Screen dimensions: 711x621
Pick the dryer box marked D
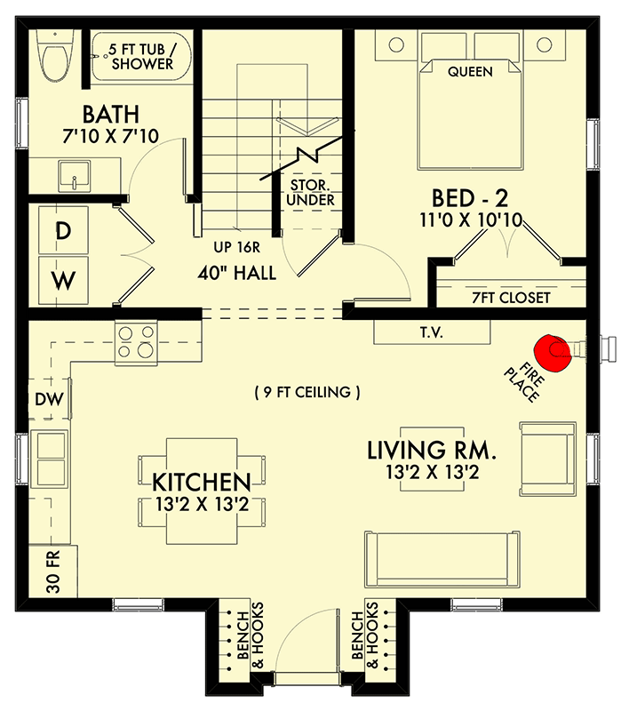coord(63,231)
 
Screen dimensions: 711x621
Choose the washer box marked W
coord(63,281)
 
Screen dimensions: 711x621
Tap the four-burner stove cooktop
coord(135,342)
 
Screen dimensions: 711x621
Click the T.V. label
coord(432,332)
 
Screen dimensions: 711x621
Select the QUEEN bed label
coord(470,71)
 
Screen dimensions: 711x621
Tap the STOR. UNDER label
coord(312,194)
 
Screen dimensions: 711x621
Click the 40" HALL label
coord(236,274)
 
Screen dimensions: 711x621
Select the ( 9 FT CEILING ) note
coord(307,392)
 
